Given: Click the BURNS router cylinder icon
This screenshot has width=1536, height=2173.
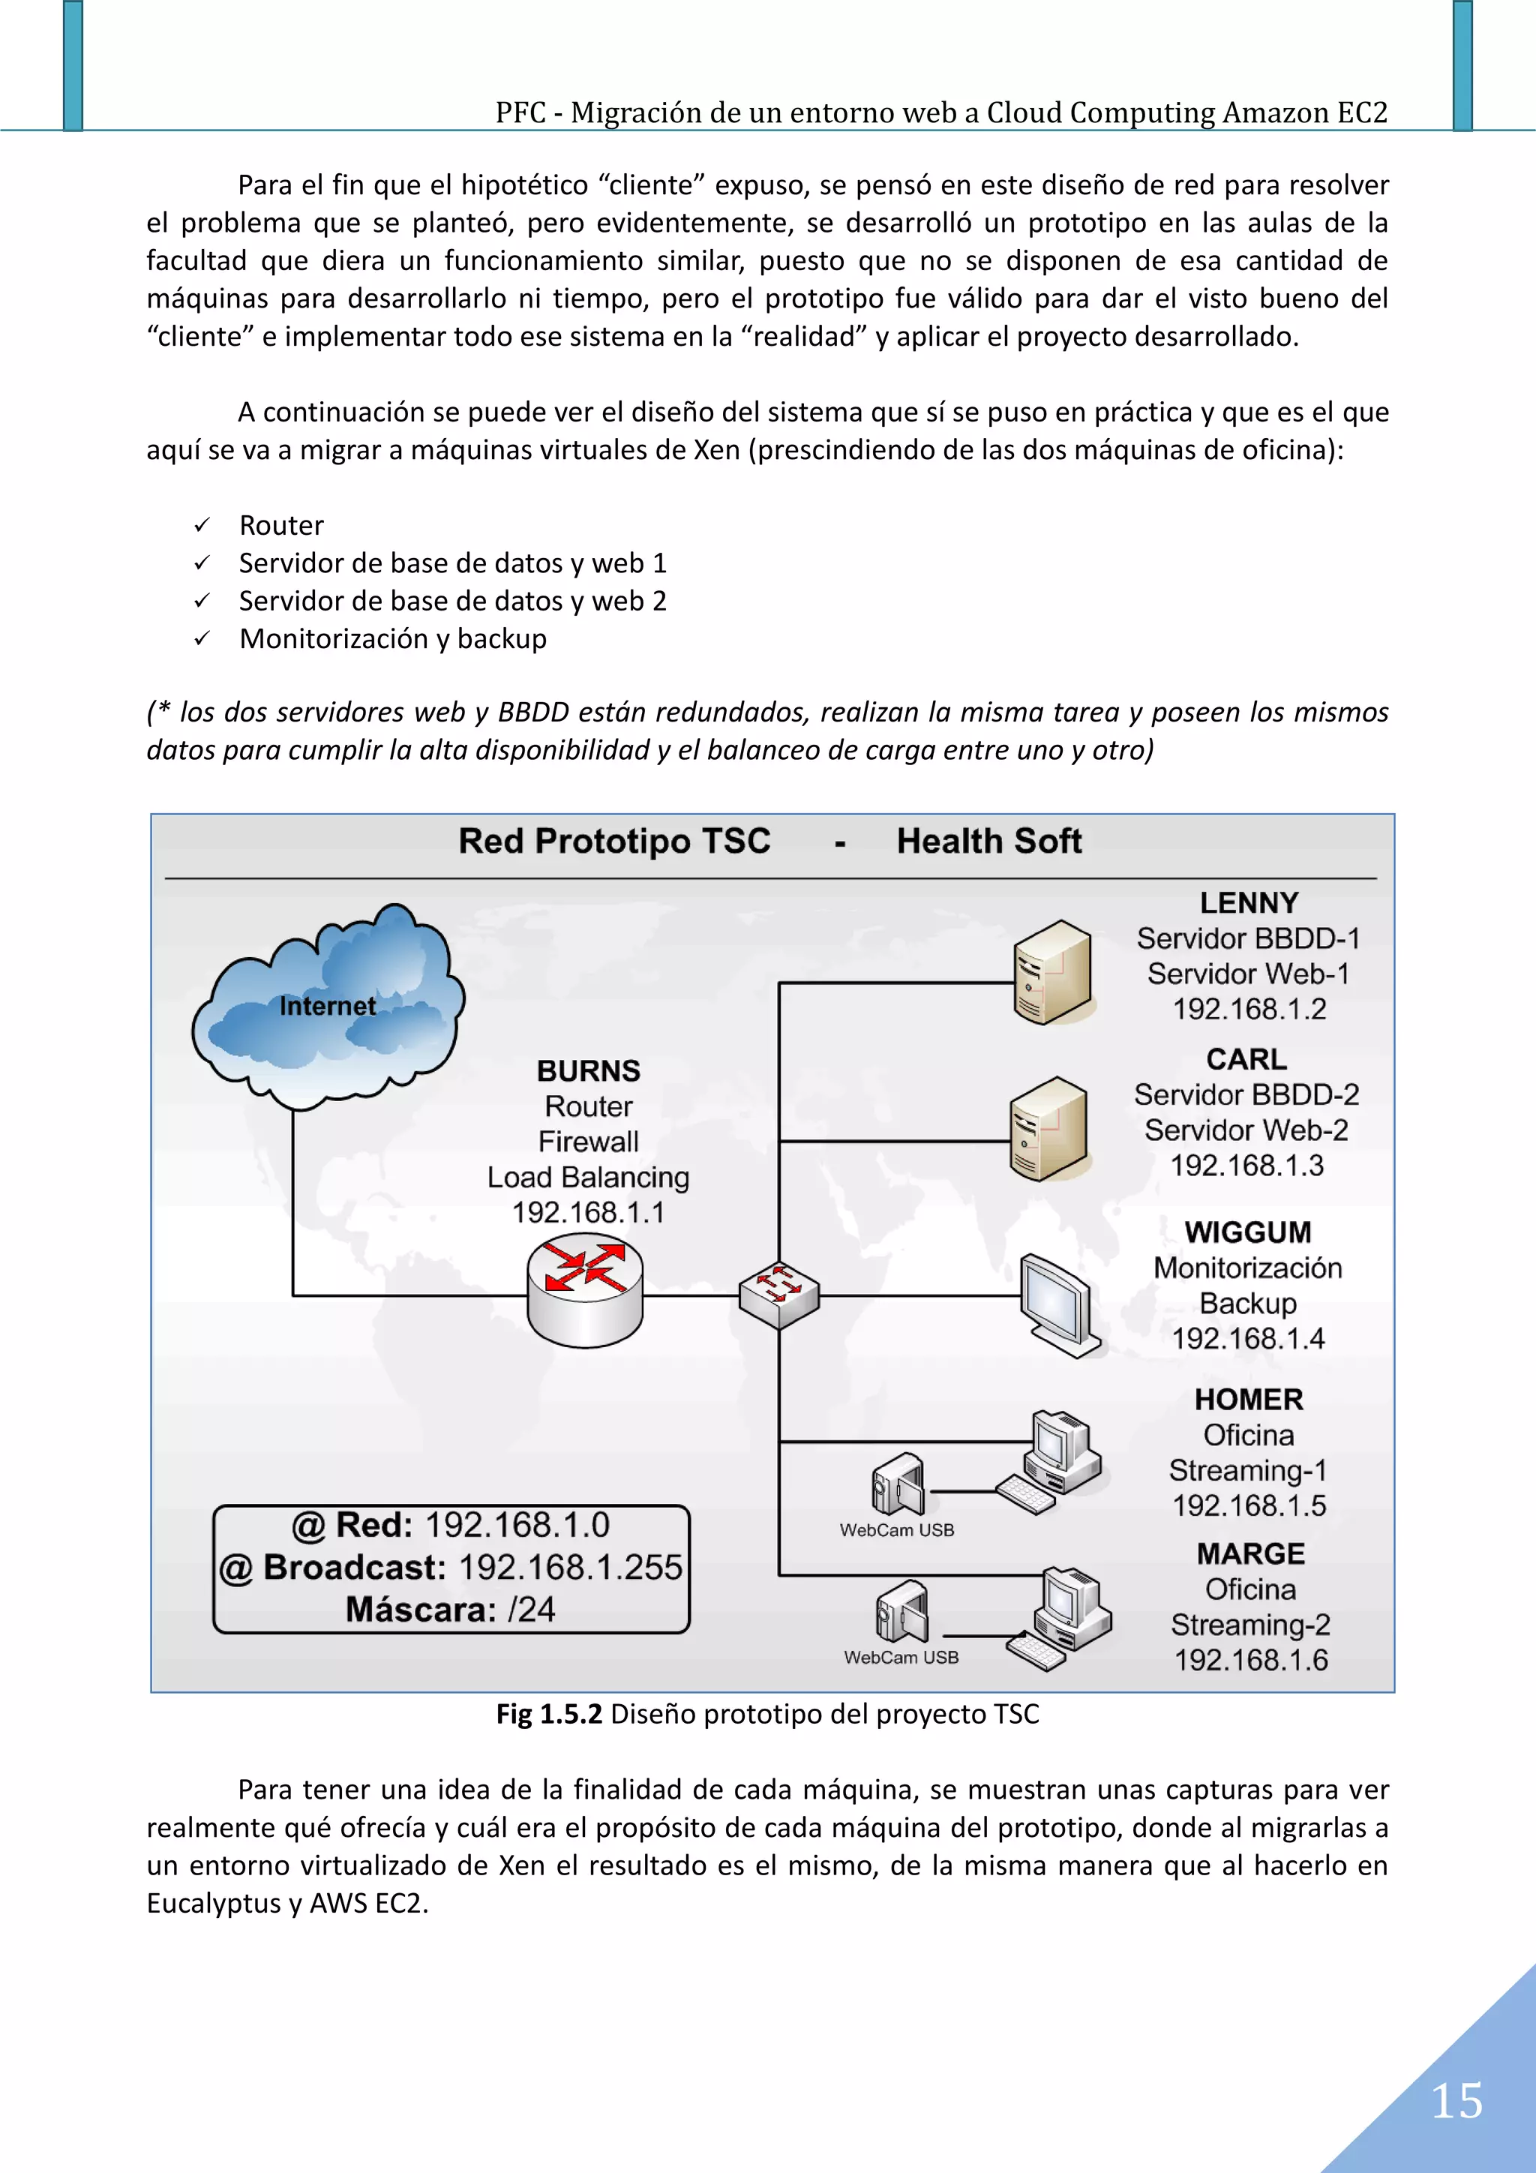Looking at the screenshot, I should (585, 1295).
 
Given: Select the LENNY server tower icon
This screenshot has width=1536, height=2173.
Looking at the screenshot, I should (1052, 973).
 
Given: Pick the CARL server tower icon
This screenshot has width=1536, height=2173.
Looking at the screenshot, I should (1048, 1129).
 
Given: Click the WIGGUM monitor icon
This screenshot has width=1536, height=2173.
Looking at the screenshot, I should (1059, 1304).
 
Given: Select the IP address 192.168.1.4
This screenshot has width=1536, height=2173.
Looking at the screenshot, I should (1247, 1339).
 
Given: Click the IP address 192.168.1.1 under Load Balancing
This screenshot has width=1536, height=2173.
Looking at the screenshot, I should (588, 1212).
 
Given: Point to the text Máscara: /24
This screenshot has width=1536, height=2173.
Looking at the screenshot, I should (451, 1610).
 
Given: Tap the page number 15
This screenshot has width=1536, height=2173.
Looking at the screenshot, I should (1456, 2101).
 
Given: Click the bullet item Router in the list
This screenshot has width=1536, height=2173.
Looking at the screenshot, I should (281, 525).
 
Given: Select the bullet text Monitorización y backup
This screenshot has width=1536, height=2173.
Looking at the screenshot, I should (393, 639).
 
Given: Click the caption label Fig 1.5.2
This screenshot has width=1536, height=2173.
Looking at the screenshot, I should (549, 1714).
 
